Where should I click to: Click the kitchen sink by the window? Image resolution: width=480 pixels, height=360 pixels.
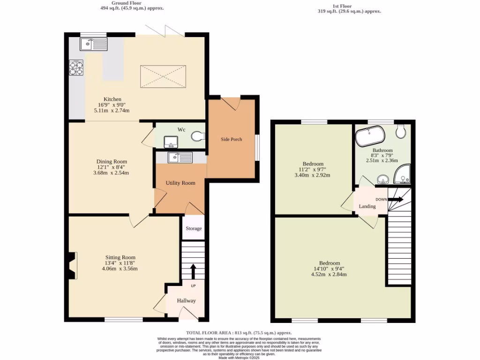point(94,44)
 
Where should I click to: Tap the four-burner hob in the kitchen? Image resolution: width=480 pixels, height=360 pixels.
point(76,68)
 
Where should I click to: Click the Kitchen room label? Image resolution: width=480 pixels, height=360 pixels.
point(112,99)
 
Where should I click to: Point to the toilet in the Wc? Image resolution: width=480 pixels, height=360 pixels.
point(198,136)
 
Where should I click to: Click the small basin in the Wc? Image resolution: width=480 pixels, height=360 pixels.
point(169,141)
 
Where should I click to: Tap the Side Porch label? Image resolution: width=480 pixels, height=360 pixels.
point(232,139)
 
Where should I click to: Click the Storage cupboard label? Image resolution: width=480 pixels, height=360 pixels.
point(194,228)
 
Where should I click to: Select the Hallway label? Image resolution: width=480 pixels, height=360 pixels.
point(186,300)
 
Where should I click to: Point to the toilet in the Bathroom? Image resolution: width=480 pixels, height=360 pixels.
point(401,131)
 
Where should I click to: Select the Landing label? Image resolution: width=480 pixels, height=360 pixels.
point(367,206)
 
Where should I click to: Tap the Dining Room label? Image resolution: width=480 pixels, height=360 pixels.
point(112,162)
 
